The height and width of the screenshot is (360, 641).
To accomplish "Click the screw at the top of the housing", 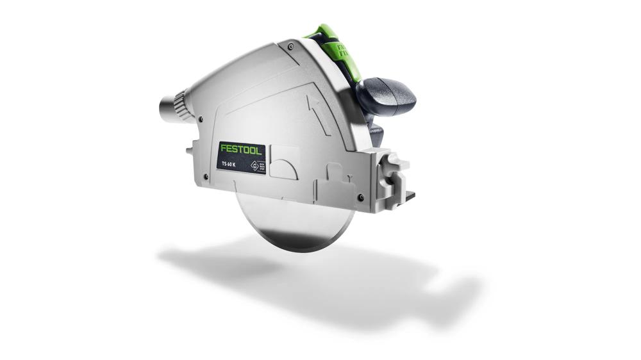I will click(292, 46).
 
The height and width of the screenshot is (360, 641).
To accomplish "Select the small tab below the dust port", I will click(191, 151).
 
